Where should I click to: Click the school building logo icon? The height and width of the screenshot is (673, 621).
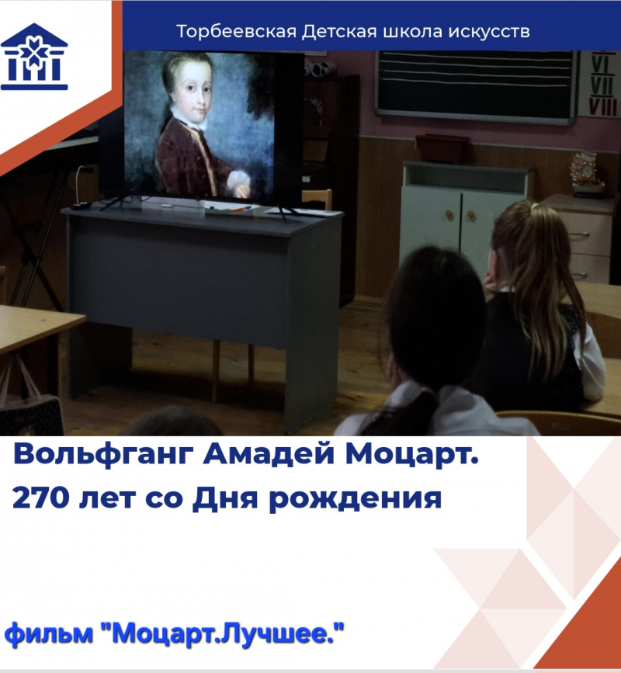tap(34, 56)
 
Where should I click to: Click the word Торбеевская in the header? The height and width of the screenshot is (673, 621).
tap(236, 32)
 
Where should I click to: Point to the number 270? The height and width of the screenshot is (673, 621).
tap(41, 498)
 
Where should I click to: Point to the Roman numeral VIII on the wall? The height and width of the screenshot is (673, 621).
tap(603, 107)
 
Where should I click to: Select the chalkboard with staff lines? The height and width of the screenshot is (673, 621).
tap(474, 86)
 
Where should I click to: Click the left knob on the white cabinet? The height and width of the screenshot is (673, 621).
tap(449, 213)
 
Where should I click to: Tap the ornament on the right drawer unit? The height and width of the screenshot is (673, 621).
tap(586, 172)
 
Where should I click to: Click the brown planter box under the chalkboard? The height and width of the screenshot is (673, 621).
tap(442, 148)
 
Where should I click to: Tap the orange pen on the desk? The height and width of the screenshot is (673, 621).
tap(241, 210)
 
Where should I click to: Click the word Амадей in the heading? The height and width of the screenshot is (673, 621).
tap(269, 453)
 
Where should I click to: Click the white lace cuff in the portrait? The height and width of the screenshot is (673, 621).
tap(238, 182)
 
